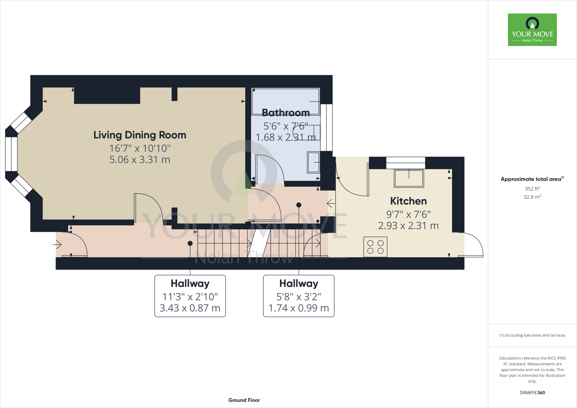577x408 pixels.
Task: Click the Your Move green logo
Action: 532,30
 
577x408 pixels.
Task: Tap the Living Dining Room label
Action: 140,135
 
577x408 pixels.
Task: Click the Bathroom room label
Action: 286,113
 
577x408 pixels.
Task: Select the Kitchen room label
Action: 408,201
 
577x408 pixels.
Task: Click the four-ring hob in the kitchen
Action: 375,247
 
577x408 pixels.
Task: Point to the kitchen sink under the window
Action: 409,178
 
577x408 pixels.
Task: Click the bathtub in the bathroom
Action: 285,101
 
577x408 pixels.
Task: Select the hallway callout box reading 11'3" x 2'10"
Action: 190,296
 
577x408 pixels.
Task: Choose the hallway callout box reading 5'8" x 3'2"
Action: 299,296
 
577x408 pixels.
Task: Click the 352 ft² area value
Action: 532,189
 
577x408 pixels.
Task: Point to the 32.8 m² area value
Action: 532,197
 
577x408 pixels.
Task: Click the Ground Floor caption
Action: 244,400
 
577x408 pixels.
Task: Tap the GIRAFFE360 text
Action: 532,393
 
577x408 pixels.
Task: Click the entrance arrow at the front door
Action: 57,245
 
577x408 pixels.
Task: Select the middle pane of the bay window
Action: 11,154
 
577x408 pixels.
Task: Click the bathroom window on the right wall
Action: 326,127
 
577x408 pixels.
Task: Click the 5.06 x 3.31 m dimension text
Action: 140,160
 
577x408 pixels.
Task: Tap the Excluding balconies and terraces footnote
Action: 532,335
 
